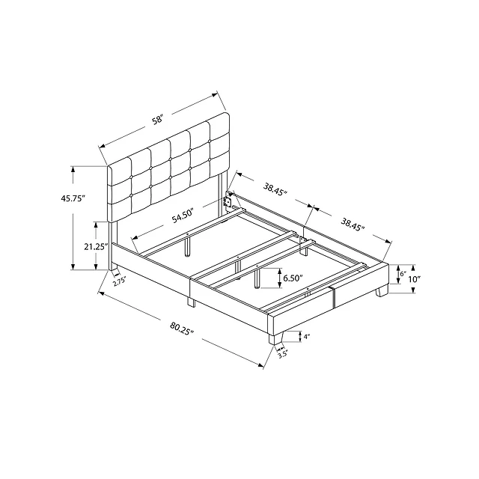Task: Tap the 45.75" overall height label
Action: (x=73, y=198)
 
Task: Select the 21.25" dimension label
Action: (x=97, y=246)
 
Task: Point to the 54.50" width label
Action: (x=183, y=216)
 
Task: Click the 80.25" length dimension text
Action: (x=183, y=328)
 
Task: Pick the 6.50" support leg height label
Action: (x=293, y=278)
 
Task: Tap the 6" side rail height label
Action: (x=403, y=274)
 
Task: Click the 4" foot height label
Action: (x=307, y=337)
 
